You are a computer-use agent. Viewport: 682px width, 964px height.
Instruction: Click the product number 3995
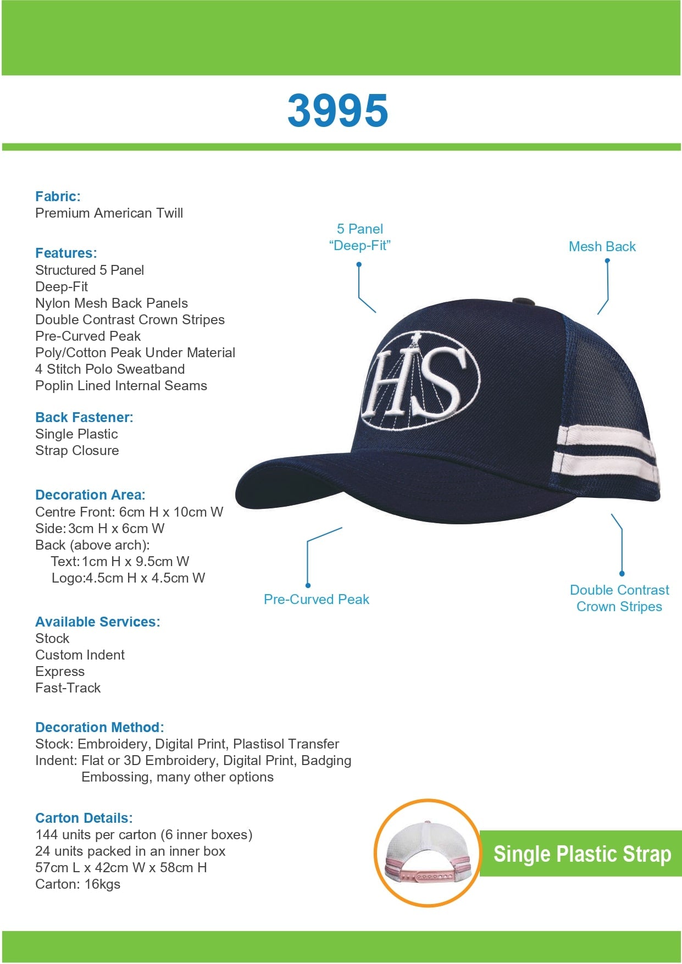[x=337, y=110]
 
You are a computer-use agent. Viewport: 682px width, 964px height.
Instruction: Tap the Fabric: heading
[x=58, y=196]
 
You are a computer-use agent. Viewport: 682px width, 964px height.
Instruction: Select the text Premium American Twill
[x=109, y=213]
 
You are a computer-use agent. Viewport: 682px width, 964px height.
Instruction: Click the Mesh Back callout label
[x=602, y=247]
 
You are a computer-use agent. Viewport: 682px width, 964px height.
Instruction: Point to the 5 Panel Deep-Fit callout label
[x=359, y=237]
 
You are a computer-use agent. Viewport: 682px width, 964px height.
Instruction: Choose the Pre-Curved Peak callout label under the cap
[x=316, y=600]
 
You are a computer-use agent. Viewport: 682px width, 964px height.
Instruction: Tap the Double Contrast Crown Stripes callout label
[x=619, y=599]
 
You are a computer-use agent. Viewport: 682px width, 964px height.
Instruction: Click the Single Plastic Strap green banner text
[x=582, y=854]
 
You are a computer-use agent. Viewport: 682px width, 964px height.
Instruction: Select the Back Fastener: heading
[x=84, y=417]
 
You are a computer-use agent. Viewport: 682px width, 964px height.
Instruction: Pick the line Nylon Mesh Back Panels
[x=112, y=303]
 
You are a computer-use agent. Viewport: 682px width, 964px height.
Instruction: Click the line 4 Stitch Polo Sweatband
[x=110, y=369]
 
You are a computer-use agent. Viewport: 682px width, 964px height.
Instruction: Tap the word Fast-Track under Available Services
[x=68, y=688]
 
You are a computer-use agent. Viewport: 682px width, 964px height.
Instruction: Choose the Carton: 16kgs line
[x=77, y=884]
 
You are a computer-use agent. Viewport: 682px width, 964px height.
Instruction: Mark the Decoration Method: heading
[x=99, y=727]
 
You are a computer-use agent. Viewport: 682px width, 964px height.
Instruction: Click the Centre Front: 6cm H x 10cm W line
[x=129, y=512]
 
